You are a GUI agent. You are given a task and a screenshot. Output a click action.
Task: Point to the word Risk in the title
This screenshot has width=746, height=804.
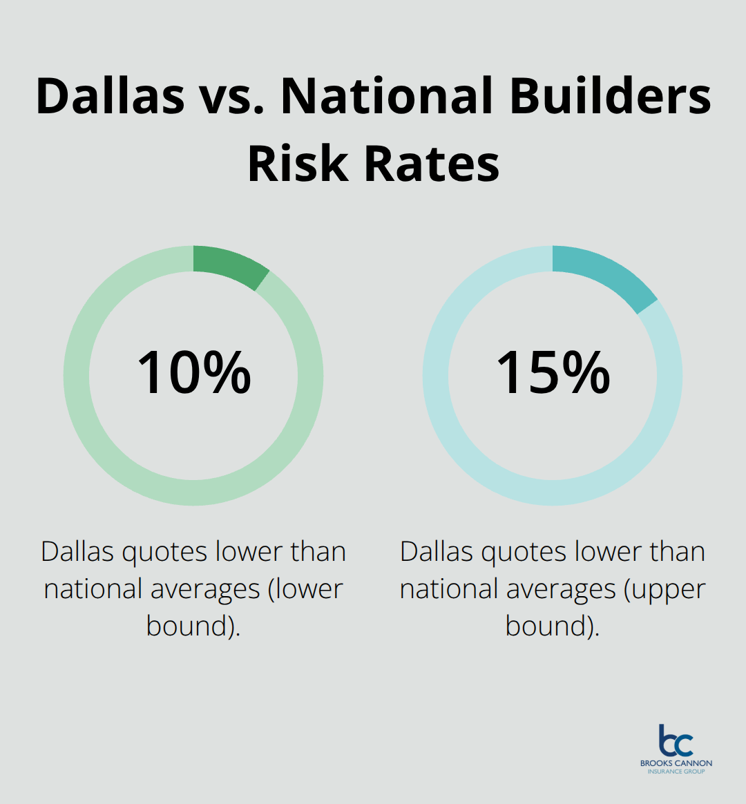tap(298, 164)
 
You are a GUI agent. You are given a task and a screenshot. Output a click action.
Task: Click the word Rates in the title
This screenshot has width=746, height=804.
tap(432, 164)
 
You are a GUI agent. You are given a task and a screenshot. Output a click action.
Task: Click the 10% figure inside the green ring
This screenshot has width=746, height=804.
tap(194, 373)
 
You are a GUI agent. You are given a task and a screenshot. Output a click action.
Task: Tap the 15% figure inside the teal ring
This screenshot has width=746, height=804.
tap(553, 373)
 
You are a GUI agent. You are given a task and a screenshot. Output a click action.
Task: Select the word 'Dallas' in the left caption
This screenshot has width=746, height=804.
tap(76, 552)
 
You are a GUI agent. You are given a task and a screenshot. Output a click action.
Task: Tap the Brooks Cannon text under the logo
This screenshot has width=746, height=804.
tap(676, 763)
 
